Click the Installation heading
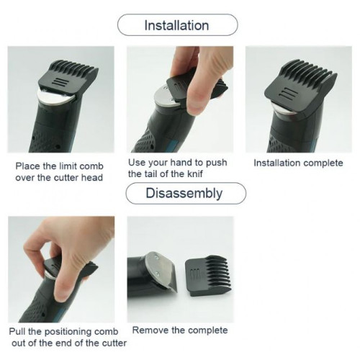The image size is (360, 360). tap(176, 25)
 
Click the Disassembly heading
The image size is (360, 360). tap(184, 194)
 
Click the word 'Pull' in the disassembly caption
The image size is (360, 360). tap(17, 331)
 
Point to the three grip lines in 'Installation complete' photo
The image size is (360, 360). tap(286, 94)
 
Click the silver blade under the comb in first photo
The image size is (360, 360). tap(55, 97)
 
